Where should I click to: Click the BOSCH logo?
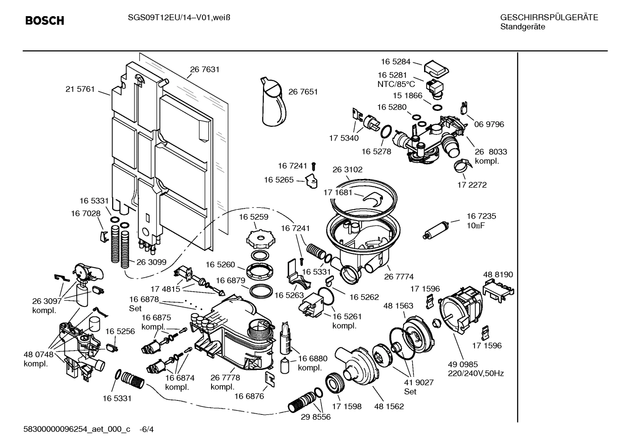pos(44,21)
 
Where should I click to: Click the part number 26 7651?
pos(303,92)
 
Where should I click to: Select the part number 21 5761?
pos(80,89)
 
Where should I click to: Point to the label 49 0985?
pos(463,364)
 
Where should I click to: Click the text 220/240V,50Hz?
pos(476,373)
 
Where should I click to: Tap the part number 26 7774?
pos(399,276)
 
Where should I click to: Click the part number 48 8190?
pos(498,275)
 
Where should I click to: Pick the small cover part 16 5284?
pos(437,68)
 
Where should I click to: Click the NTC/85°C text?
pos(396,84)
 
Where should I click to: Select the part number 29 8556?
pos(316,417)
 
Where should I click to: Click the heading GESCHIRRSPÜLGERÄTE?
pos(549,17)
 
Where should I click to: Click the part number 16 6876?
pos(249,396)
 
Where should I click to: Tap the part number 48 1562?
pos(389,406)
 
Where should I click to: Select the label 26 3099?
pos(151,262)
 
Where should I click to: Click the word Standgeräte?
pos(523,27)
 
